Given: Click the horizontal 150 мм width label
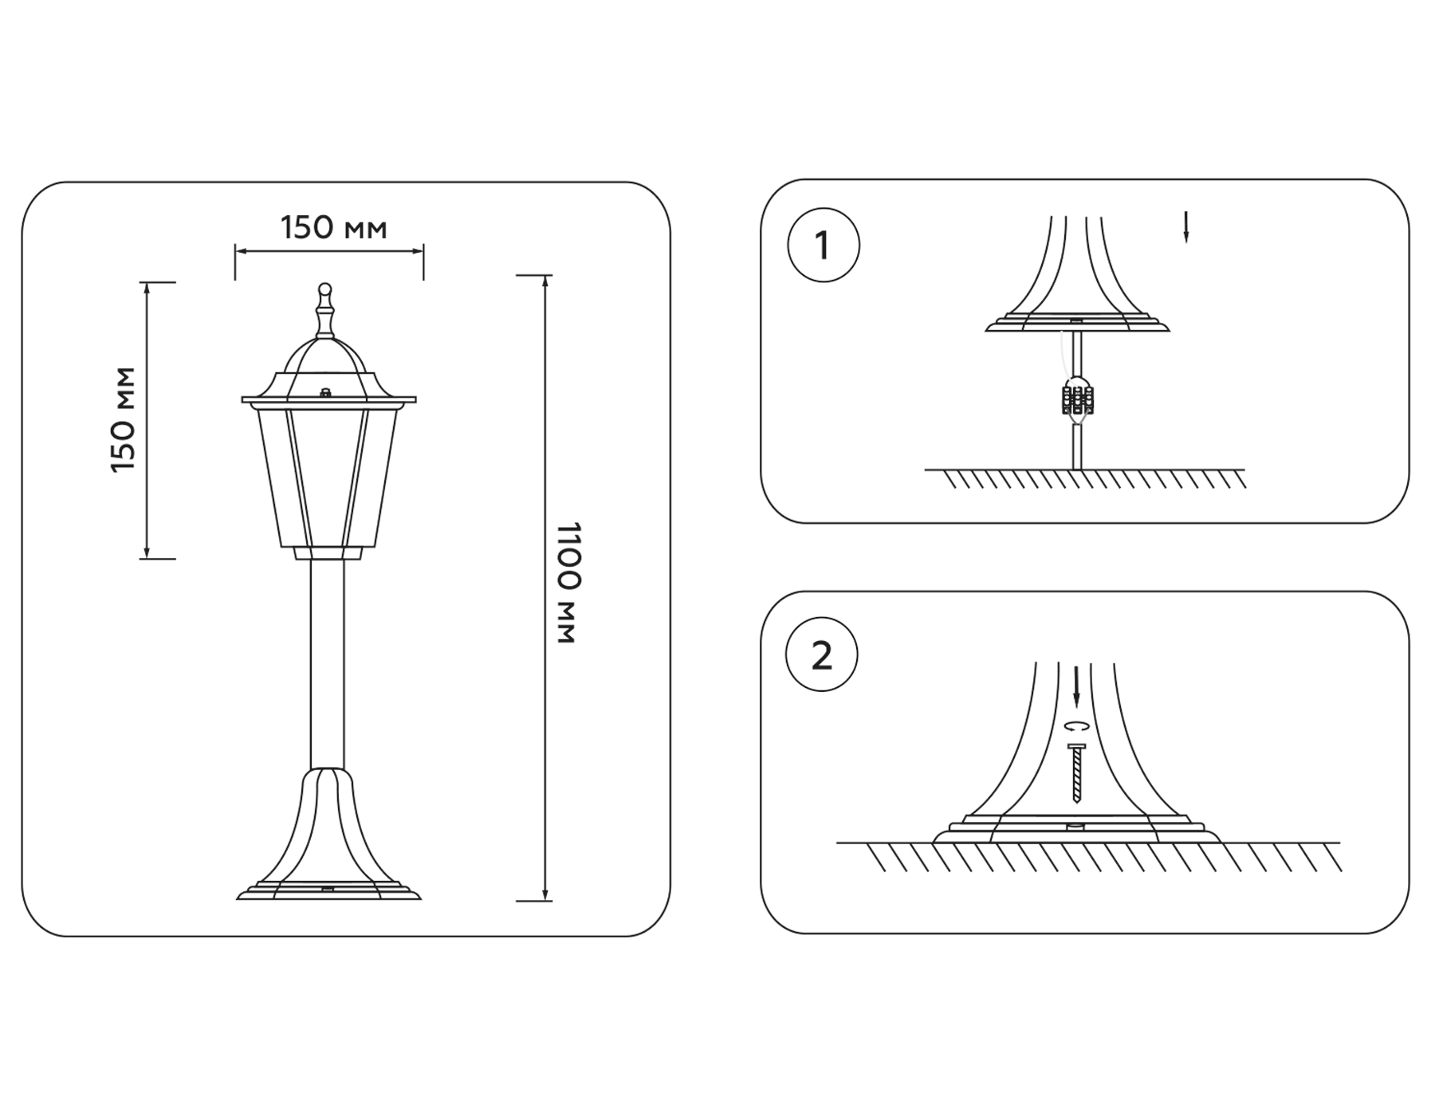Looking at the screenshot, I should tap(333, 228).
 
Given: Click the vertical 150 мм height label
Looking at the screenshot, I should tap(123, 419).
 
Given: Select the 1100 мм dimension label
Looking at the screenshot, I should tap(567, 583).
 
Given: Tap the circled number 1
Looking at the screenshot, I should tap(823, 245).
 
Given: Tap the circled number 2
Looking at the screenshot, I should tap(821, 655).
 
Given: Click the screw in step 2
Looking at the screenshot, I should tap(1076, 772).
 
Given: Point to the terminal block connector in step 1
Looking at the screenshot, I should tap(1077, 399).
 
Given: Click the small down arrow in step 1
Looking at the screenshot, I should tap(1185, 227).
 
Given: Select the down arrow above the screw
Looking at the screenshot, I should tap(1076, 687).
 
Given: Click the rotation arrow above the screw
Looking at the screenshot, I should tap(1077, 726).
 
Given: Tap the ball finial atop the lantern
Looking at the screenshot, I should tap(324, 289).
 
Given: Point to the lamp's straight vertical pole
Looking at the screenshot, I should tap(328, 662).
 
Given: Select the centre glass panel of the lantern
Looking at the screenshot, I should tap(327, 478).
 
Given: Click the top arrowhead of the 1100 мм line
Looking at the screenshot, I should tap(545, 281).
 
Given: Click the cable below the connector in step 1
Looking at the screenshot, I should tap(1077, 446).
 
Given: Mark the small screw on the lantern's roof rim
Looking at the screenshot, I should tap(325, 392).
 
